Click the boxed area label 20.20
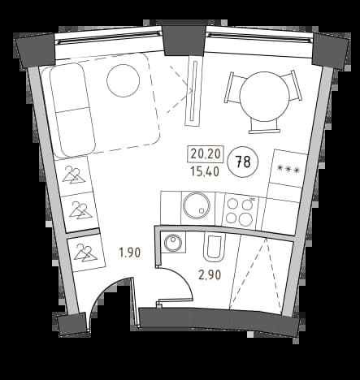pyautogui.click(x=206, y=154)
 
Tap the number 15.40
pyautogui.click(x=205, y=171)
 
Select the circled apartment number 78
pyautogui.click(x=243, y=162)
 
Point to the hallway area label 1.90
pyautogui.click(x=130, y=253)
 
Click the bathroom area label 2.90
pyautogui.click(x=210, y=275)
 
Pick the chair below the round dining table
pyautogui.click(x=264, y=126)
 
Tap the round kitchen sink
pyautogui.click(x=197, y=205)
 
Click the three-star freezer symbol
pyautogui.click(x=288, y=170)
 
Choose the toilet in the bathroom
pyautogui.click(x=215, y=248)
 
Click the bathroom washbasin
pyautogui.click(x=173, y=241)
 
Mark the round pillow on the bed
pyautogui.click(x=123, y=80)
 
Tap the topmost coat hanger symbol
pyautogui.click(x=74, y=175)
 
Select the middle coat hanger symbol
pyautogui.click(x=80, y=210)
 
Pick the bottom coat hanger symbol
pyautogui.click(x=85, y=253)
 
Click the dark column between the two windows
pyautogui.click(x=184, y=40)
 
